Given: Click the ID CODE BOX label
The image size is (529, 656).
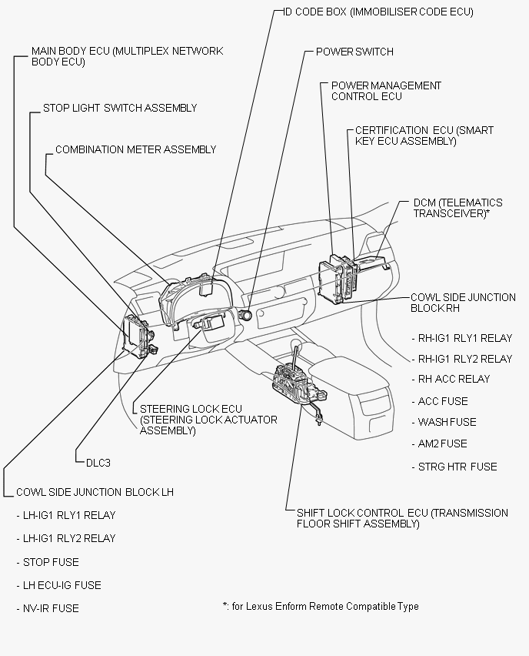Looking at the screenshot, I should tap(378, 12).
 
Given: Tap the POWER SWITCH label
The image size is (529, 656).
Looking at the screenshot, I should tap(354, 52).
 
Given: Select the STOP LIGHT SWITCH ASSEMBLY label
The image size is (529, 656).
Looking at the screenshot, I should tap(120, 109).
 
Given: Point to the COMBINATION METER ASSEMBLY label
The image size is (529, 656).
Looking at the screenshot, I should tap(136, 149).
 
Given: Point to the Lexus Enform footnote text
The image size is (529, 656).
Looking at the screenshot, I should tap(320, 607).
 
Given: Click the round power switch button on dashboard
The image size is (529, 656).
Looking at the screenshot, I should tap(248, 314).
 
